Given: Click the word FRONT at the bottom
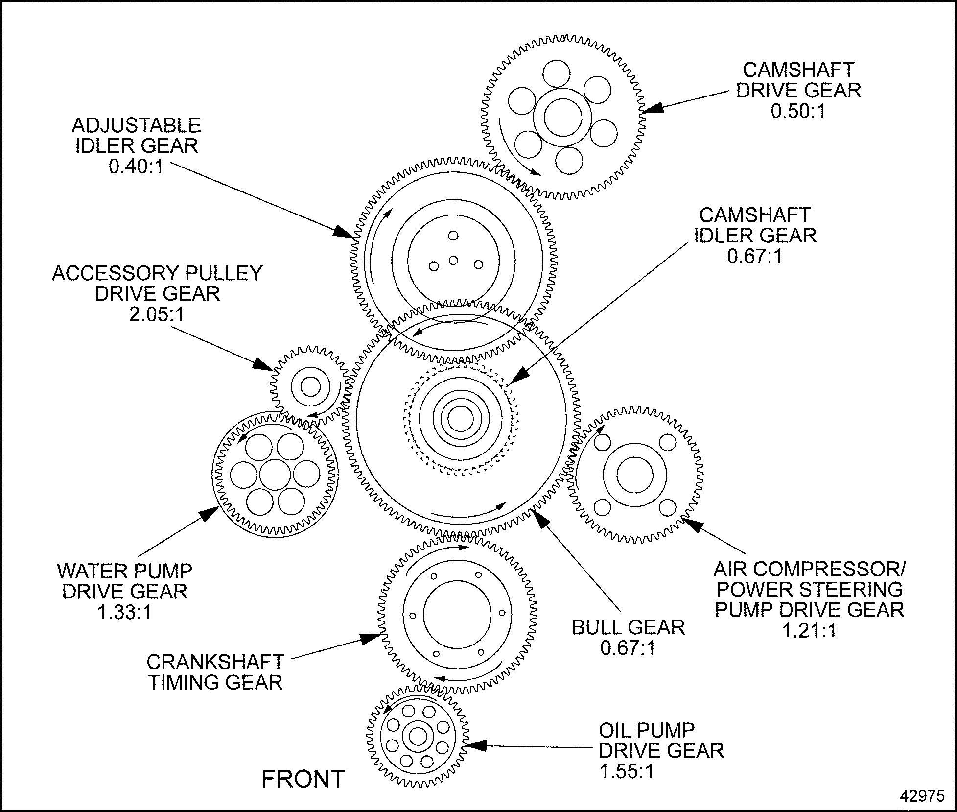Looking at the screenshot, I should [x=303, y=779].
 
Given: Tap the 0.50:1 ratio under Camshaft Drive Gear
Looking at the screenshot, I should [x=798, y=111].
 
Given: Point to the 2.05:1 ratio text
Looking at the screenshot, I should [x=157, y=314].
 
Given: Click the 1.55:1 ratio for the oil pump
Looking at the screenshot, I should [x=627, y=772].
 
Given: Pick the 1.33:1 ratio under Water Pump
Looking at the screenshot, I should [x=124, y=612].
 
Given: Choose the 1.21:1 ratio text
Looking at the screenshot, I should [x=809, y=631].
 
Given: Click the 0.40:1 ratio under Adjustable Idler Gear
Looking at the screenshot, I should [x=136, y=167].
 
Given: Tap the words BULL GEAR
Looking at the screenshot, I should [x=628, y=627].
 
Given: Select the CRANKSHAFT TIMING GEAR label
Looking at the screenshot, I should [x=215, y=672].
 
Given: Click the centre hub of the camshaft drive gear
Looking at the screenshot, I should [x=559, y=118].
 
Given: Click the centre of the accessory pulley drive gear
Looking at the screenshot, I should [x=310, y=387].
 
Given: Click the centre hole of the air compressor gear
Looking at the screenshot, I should [x=634, y=475].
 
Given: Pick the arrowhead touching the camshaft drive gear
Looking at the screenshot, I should [x=654, y=108].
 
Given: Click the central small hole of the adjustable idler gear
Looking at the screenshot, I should [x=453, y=260].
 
